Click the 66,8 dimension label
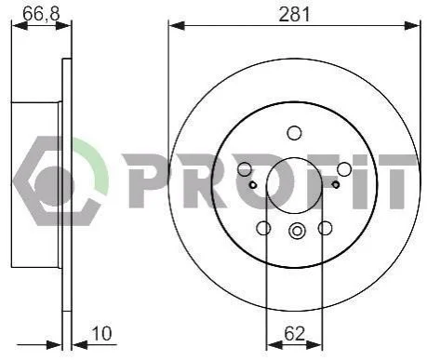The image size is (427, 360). [41, 13]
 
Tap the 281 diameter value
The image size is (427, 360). [294, 14]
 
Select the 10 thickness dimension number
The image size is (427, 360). [101, 334]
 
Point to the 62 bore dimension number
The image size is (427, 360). [294, 334]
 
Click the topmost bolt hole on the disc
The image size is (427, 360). [294, 133]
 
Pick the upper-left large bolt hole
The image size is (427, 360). [245, 168]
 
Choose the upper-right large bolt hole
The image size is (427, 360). [344, 169]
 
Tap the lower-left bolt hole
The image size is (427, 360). [263, 228]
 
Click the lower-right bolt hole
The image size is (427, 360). [325, 228]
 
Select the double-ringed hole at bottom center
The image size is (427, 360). [297, 231]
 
